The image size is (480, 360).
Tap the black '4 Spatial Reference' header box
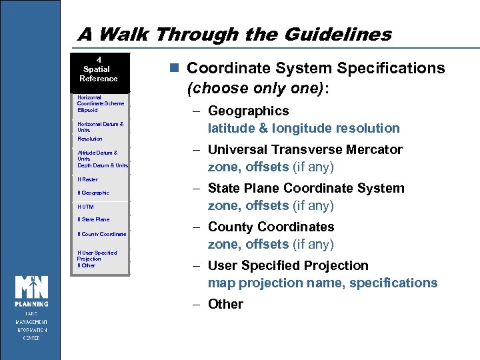tap(99, 69)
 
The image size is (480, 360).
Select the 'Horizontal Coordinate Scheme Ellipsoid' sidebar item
tap(100, 103)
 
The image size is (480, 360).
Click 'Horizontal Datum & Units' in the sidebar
tap(100, 127)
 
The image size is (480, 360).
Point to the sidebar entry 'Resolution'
tap(90, 139)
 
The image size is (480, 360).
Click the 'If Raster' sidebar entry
tap(87, 179)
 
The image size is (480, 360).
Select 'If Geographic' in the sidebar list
tap(93, 193)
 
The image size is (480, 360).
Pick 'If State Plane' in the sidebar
tap(93, 219)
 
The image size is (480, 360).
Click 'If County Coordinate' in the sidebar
tap(101, 234)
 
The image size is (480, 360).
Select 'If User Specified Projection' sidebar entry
tap(97, 255)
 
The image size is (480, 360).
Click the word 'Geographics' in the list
tap(248, 111)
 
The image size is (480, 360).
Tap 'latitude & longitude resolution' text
tap(303, 128)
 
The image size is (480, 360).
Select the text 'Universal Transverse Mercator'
tap(305, 149)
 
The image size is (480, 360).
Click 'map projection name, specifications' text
tap(322, 283)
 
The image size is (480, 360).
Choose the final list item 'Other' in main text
tap(225, 304)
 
